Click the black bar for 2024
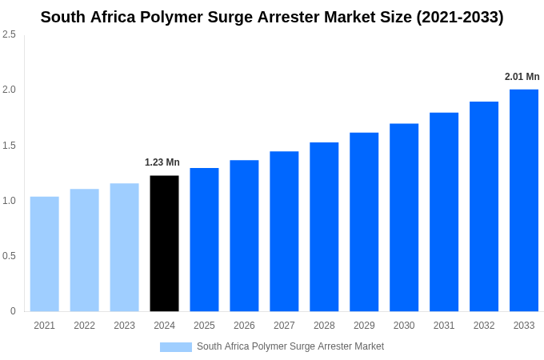[x=164, y=243]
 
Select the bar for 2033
[x=524, y=200]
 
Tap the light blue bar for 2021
[x=45, y=254]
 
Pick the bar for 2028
[x=324, y=226]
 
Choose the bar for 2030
[x=404, y=218]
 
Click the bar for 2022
[x=85, y=250]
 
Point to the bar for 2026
[x=244, y=235]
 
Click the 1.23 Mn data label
[x=162, y=162]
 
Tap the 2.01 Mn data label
[x=522, y=77]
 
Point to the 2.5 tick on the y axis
[x=9, y=34]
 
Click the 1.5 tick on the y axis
[x=9, y=146]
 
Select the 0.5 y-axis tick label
[x=9, y=256]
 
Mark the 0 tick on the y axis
[x=13, y=311]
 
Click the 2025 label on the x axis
[x=204, y=326]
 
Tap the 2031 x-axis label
[x=444, y=326]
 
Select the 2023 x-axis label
[x=124, y=326]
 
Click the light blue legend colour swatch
[x=176, y=346]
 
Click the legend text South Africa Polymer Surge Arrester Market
[x=290, y=346]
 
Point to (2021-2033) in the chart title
[x=460, y=17]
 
